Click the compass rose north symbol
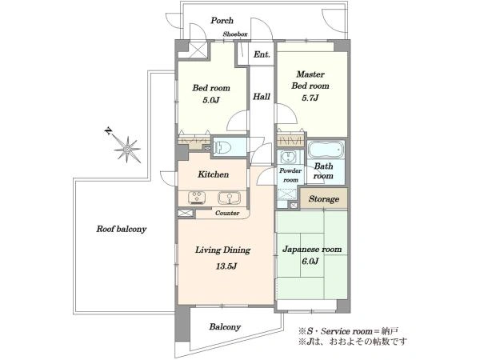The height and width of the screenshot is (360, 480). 126,148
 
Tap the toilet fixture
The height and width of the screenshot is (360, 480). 223,147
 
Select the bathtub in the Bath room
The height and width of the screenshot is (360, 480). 326,150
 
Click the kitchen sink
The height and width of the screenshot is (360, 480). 229,198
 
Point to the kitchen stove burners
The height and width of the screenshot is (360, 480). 196,198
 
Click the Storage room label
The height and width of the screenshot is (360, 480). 323,199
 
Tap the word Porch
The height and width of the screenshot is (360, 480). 222,21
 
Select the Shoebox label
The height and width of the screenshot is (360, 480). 235,34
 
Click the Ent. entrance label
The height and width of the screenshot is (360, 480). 262,54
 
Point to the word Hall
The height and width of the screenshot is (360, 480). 262,97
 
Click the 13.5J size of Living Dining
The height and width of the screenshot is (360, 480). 226,266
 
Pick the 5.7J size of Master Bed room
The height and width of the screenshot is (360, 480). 310,98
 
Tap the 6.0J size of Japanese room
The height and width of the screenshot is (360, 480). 310,261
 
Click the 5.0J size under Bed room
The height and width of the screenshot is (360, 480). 211,100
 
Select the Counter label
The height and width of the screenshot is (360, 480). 227,213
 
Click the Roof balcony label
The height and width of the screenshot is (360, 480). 122,229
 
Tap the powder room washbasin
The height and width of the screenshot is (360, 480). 287,158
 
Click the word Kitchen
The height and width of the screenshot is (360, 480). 213,174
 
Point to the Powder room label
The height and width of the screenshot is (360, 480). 290,175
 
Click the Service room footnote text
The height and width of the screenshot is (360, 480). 348,331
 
